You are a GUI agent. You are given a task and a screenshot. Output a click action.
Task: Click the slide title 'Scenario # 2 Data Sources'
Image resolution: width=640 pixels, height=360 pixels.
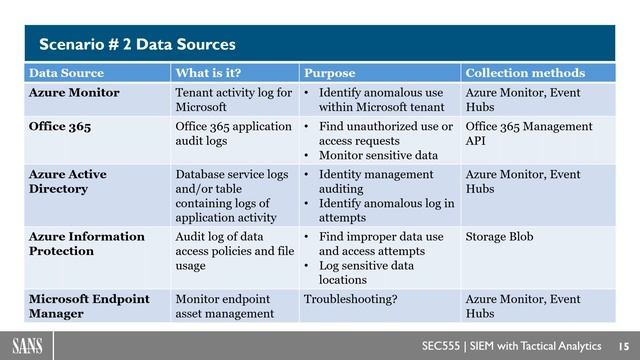(x=137, y=44)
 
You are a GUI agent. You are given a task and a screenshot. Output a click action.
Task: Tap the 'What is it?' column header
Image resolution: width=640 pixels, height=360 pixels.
(x=208, y=73)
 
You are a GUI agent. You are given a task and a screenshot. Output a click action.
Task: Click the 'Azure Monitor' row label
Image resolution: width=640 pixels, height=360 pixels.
(x=74, y=93)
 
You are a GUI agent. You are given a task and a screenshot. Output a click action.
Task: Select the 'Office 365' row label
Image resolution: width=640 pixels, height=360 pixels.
(x=63, y=127)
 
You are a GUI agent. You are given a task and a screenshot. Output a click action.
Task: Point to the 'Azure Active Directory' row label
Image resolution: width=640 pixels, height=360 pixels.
(x=68, y=181)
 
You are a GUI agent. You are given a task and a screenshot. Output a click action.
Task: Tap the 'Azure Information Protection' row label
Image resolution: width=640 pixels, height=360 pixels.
(x=86, y=244)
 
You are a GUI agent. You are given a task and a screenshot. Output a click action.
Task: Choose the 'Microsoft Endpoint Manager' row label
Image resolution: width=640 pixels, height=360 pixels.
(x=88, y=305)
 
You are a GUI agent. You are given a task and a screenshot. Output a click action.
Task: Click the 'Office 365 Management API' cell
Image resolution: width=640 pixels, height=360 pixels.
(x=529, y=134)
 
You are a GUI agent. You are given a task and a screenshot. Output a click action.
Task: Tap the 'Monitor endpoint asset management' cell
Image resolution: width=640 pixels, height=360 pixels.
(x=224, y=305)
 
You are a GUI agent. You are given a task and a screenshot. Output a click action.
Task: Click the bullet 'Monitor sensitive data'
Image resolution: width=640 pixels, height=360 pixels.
(x=378, y=156)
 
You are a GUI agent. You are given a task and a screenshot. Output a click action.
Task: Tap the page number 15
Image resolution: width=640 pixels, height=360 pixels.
(x=621, y=341)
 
